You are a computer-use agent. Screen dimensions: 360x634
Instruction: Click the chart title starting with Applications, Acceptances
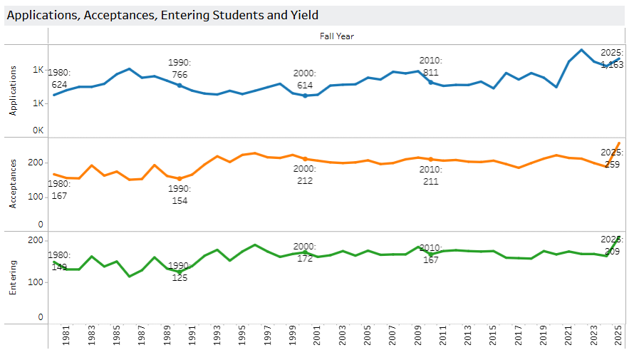click(162, 15)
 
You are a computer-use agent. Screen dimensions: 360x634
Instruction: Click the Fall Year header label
click(337, 36)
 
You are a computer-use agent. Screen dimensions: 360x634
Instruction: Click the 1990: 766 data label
click(179, 69)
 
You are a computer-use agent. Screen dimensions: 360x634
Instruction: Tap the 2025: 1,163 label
click(611, 58)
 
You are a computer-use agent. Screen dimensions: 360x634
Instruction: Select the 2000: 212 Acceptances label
click(304, 175)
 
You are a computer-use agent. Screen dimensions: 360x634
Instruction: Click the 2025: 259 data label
click(611, 158)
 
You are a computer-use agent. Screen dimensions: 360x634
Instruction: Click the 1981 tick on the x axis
click(66, 336)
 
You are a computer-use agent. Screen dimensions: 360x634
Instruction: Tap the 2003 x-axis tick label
click(342, 336)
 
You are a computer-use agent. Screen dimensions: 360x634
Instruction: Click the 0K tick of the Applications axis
click(38, 131)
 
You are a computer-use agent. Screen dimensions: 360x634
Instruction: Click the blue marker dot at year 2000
click(305, 96)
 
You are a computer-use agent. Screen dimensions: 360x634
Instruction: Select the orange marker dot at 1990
click(180, 179)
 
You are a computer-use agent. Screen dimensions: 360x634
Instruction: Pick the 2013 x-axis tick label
click(467, 336)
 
